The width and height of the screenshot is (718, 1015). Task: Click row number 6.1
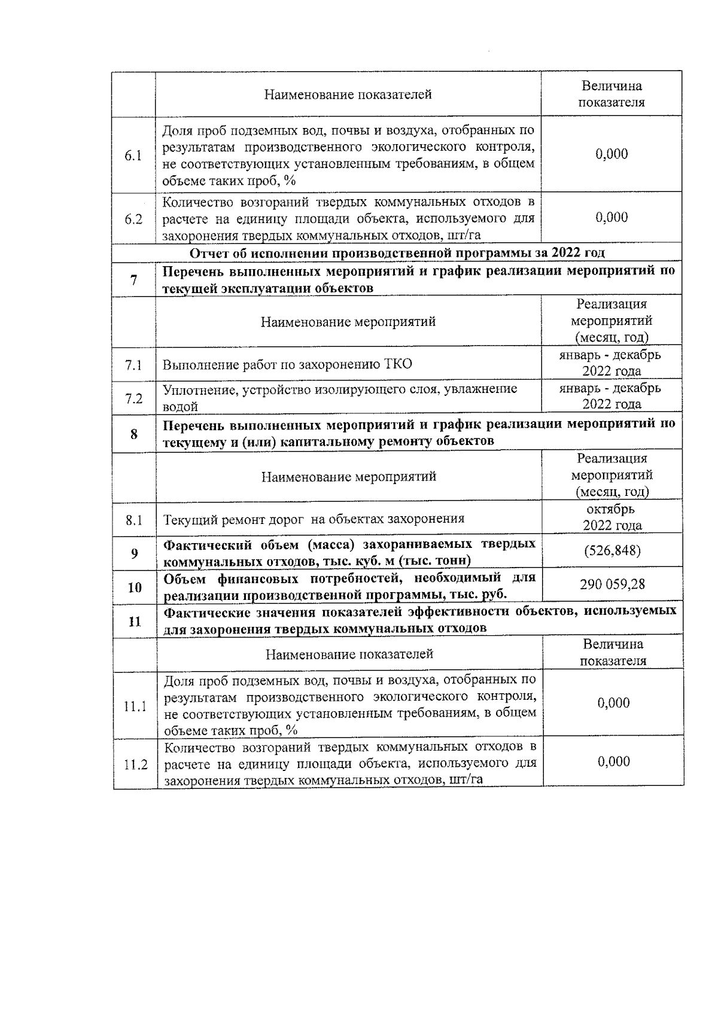(x=133, y=156)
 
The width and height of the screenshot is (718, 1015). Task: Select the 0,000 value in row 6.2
(x=611, y=217)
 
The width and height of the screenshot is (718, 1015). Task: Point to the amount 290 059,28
(x=612, y=584)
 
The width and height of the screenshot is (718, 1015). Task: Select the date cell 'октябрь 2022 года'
(x=612, y=517)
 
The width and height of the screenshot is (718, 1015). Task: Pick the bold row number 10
(x=134, y=587)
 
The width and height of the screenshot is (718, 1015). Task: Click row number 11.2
(x=135, y=764)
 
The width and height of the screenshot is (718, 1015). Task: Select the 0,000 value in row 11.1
(x=613, y=703)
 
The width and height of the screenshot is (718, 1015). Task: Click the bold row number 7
(x=133, y=280)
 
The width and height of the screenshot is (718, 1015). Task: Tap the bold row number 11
(x=135, y=621)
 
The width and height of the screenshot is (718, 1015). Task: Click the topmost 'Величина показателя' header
(x=611, y=94)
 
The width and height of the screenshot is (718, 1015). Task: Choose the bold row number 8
(x=133, y=434)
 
